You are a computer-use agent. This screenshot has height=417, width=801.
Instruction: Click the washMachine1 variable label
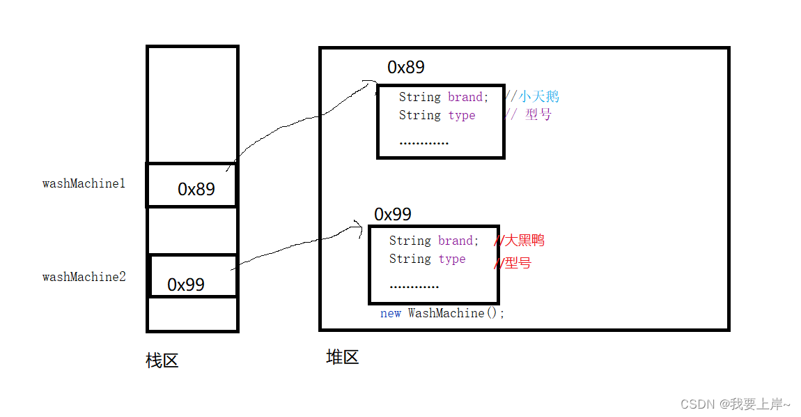click(x=84, y=184)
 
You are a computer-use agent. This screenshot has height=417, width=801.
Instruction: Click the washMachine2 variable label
click(x=84, y=277)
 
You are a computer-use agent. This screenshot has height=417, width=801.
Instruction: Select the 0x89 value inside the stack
click(x=196, y=189)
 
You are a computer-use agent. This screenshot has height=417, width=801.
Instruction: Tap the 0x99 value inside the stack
click(x=186, y=285)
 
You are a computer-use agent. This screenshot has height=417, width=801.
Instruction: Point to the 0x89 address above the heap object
click(x=406, y=67)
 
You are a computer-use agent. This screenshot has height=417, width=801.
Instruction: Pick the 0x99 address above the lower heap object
click(x=393, y=213)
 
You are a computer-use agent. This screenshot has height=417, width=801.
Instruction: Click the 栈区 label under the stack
click(x=162, y=361)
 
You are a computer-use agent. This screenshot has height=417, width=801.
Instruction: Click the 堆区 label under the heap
click(x=343, y=358)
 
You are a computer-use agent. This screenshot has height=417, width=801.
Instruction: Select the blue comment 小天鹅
click(x=538, y=97)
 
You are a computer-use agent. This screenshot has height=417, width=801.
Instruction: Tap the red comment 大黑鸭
click(x=524, y=241)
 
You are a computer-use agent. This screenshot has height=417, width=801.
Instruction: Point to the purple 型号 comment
click(x=538, y=115)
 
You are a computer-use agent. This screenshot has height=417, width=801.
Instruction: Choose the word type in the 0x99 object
click(x=451, y=259)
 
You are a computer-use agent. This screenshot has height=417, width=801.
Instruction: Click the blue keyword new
click(x=391, y=313)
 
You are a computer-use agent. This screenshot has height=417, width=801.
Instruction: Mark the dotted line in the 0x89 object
click(x=424, y=143)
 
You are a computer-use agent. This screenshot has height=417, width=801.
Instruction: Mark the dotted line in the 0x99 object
click(x=414, y=286)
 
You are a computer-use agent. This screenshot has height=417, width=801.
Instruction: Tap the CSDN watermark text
click(x=736, y=404)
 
